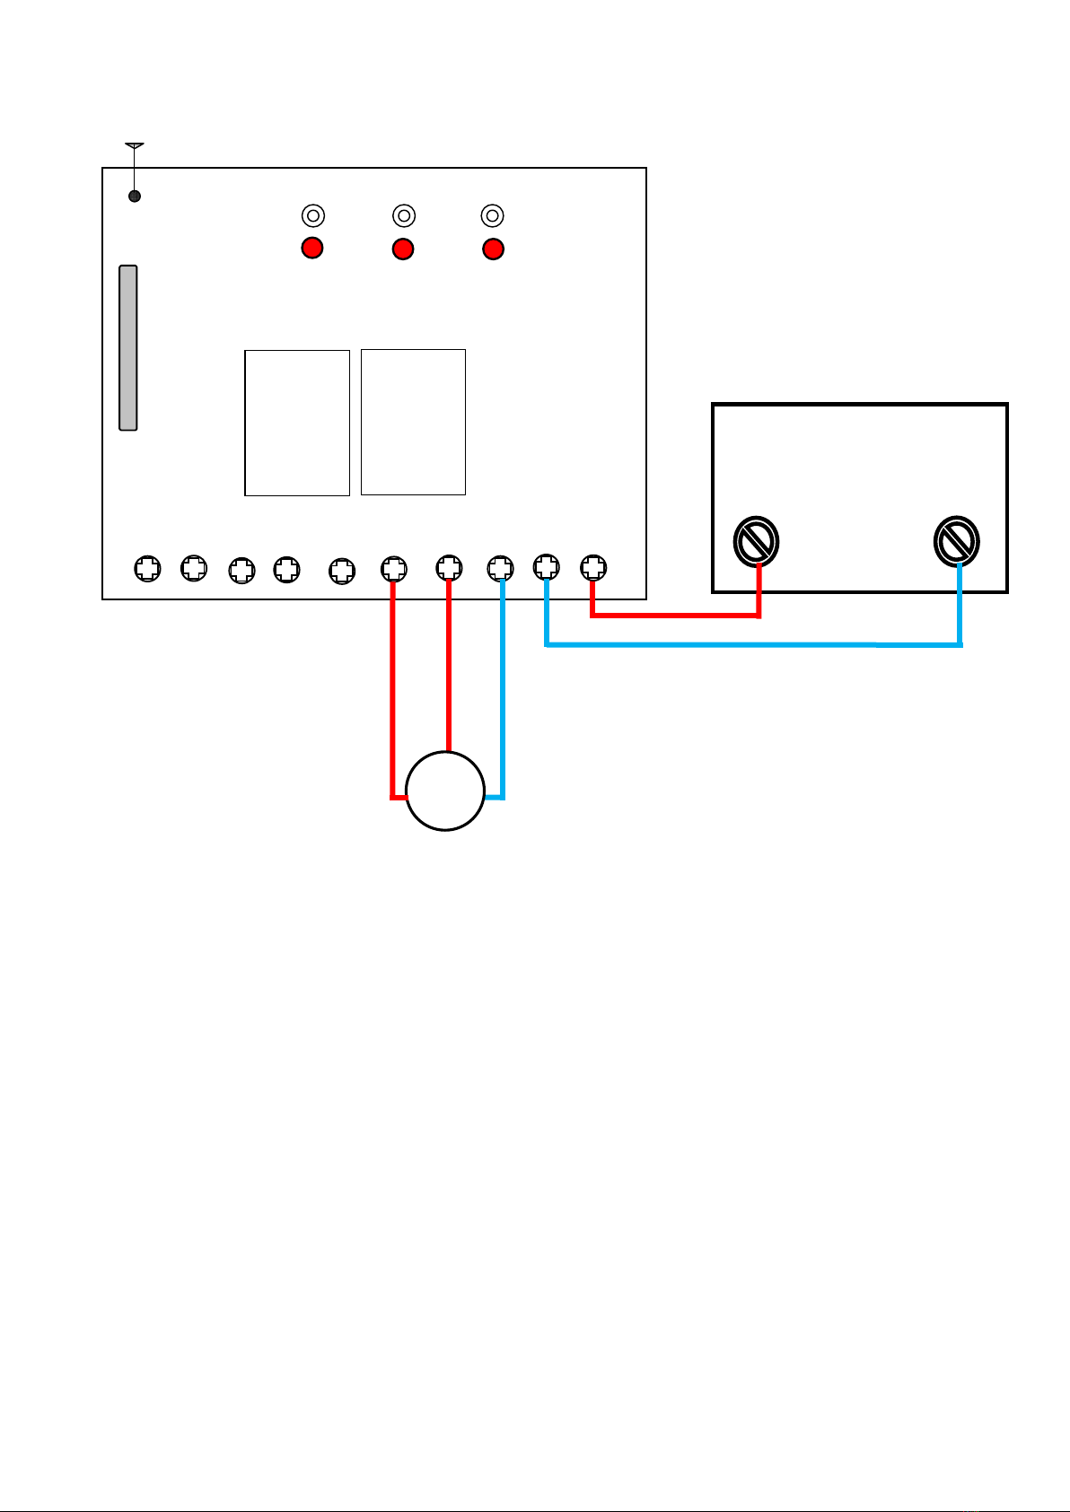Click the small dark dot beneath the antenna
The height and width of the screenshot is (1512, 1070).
135,196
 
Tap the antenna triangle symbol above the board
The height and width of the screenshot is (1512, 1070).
134,144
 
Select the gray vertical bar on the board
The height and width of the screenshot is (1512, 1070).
128,347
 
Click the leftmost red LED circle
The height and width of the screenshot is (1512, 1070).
311,248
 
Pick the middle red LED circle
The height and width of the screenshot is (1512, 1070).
403,249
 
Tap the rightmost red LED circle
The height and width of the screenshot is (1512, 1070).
493,249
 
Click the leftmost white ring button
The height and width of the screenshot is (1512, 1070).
312,215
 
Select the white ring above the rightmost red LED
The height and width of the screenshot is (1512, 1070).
492,215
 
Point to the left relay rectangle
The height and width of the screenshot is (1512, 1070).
297,423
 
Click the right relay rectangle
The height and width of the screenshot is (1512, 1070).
413,422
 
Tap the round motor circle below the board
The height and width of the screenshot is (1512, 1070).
445,791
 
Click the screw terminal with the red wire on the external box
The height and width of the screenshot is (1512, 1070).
756,541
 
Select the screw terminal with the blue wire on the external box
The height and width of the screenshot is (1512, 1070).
956,541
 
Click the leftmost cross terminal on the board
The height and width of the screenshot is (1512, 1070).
147,568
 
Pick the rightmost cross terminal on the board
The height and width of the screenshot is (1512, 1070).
593,567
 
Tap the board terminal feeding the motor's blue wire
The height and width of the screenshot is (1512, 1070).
500,567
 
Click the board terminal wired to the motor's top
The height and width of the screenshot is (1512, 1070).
449,568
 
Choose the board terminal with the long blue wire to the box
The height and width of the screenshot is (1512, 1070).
547,567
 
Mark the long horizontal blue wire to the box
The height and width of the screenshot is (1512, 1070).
754,644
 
